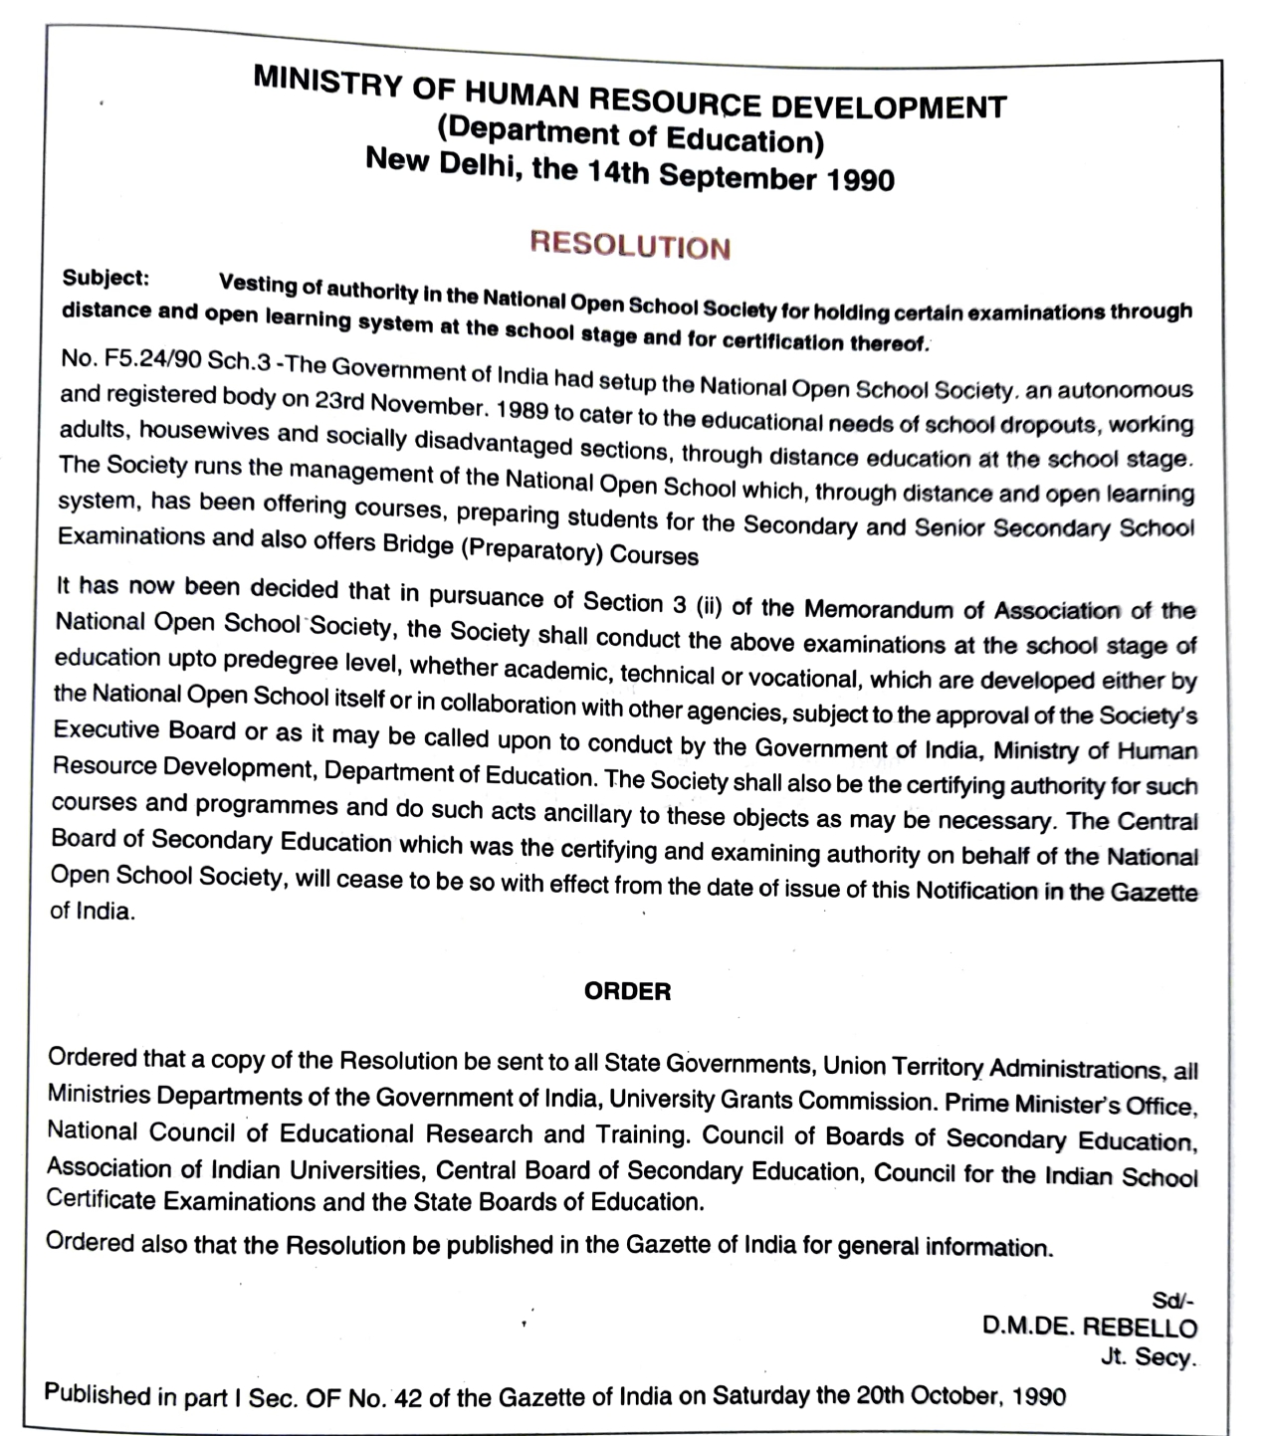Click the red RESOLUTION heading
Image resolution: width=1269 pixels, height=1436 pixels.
[630, 245]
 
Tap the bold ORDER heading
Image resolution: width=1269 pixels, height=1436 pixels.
[627, 991]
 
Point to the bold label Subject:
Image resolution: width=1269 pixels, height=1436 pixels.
[106, 278]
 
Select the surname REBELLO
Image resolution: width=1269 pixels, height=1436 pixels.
[1140, 1328]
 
